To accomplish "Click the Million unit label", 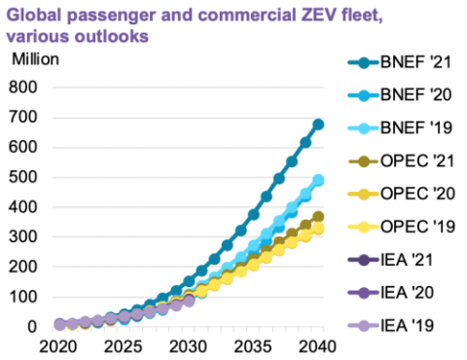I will pos(35,58).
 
